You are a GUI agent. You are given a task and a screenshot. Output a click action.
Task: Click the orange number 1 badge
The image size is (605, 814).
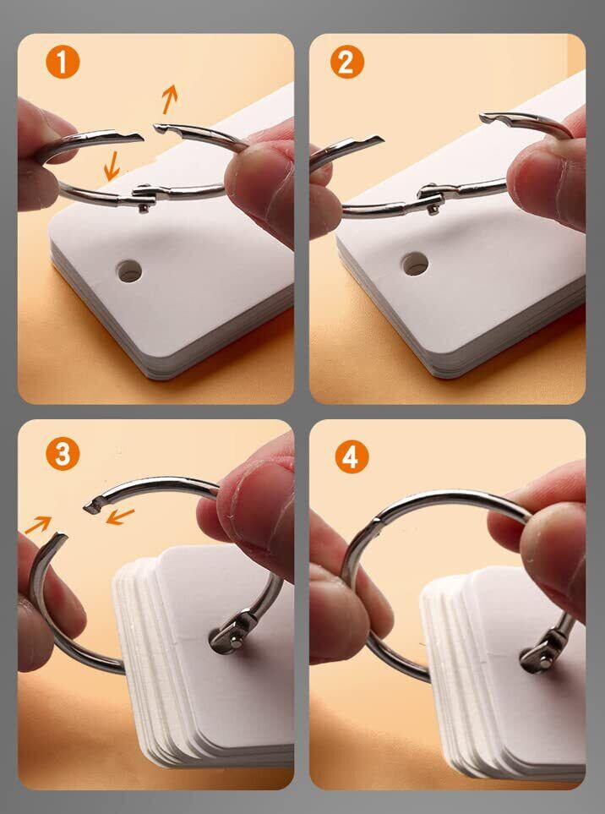(x=63, y=62)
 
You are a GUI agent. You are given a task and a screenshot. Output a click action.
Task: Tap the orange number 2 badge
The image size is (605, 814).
(x=346, y=62)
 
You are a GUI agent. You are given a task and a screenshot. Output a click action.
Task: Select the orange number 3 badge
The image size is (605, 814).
(x=63, y=454)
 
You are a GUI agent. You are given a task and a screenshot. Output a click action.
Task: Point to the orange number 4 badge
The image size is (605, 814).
(x=352, y=456)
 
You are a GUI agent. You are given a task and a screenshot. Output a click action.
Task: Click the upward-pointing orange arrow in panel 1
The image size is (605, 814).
(x=170, y=99)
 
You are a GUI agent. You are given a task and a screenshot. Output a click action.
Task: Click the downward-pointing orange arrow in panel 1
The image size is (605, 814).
(x=111, y=167)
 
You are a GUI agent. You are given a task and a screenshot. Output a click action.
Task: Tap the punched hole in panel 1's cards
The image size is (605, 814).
(x=129, y=271)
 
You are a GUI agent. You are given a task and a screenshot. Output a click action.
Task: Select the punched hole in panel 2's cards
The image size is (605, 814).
(x=415, y=264)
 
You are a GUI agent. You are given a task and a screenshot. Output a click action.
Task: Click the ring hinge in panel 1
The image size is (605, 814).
(x=143, y=197)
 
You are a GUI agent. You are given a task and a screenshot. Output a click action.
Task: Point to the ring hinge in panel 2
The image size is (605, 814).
(x=429, y=197)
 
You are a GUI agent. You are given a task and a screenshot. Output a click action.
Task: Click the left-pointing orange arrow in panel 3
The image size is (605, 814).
(x=120, y=516)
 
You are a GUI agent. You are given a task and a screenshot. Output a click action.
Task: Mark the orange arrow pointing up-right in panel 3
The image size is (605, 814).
(x=38, y=525)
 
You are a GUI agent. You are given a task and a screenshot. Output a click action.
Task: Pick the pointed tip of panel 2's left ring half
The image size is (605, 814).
(x=378, y=139)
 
